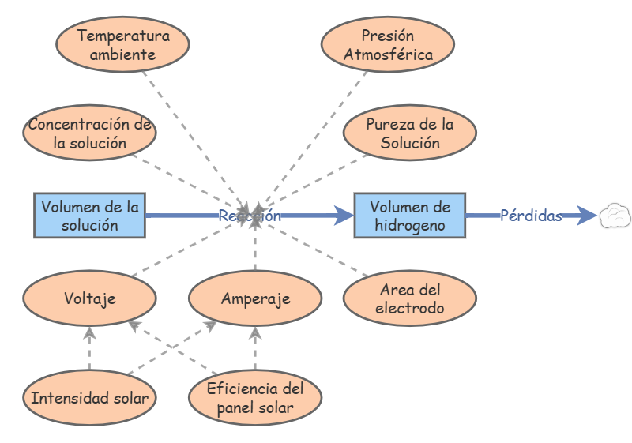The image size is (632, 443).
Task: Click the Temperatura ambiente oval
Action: tap(122, 45)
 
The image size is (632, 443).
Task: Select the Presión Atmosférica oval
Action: tap(388, 45)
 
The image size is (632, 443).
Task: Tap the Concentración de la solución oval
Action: tap(89, 133)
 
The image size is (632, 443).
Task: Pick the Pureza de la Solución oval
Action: tap(409, 133)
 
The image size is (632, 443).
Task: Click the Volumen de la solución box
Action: tap(89, 216)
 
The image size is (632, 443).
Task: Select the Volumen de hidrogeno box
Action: tap(409, 216)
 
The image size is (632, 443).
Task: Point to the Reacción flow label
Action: tap(250, 216)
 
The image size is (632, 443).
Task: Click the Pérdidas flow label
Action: tap(530, 216)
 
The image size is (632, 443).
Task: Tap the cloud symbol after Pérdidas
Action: tap(614, 216)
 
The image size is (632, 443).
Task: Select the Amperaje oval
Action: tap(255, 298)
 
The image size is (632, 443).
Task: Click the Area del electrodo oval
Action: tap(409, 298)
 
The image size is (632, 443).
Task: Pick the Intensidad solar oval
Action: tap(89, 397)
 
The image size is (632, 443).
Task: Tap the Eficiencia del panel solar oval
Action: tap(255, 397)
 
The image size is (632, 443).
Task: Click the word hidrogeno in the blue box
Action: tap(409, 225)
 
